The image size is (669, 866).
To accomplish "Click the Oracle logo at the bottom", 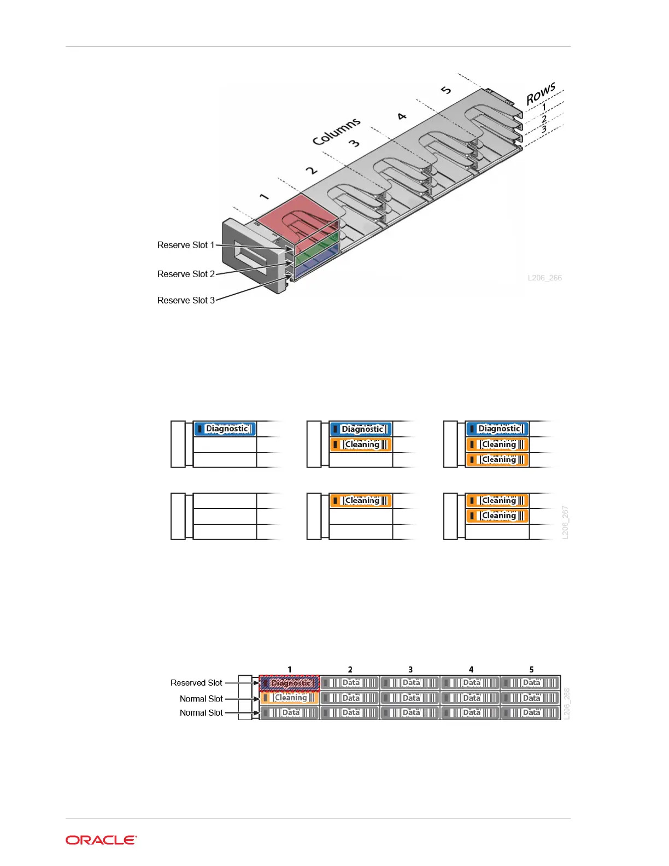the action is pos(101,840).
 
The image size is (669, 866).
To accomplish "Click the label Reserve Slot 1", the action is pos(186,245).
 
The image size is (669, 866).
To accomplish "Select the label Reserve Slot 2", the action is pos(186,274).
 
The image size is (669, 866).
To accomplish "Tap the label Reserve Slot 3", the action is pos(186,301).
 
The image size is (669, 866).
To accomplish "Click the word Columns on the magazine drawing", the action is pos(336,132).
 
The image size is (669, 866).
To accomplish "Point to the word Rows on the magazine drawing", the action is pos(541,94).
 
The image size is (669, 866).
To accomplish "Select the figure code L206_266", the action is pos(544,278).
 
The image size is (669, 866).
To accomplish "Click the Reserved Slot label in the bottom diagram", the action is pos(196,683).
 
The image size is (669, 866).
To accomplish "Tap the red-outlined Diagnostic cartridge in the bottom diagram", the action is pos(289,683).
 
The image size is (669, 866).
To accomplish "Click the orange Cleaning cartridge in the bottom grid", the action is pos(289,698).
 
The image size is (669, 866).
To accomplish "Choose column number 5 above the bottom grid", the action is pos(531,670).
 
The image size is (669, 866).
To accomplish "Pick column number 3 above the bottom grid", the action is pos(410,670).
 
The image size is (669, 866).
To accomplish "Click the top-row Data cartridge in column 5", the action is pos(531,683).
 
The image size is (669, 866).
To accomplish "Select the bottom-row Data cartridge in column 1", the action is pos(289,713).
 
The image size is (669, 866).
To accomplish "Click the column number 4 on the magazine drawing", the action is pos(402,116).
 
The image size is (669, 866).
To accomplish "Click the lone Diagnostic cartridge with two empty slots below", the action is pos(225,429).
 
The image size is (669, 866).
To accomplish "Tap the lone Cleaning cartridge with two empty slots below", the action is pos(361,501).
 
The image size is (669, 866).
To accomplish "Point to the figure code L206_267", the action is pos(565,523).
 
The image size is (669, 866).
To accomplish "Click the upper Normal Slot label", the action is pos(201,699).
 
